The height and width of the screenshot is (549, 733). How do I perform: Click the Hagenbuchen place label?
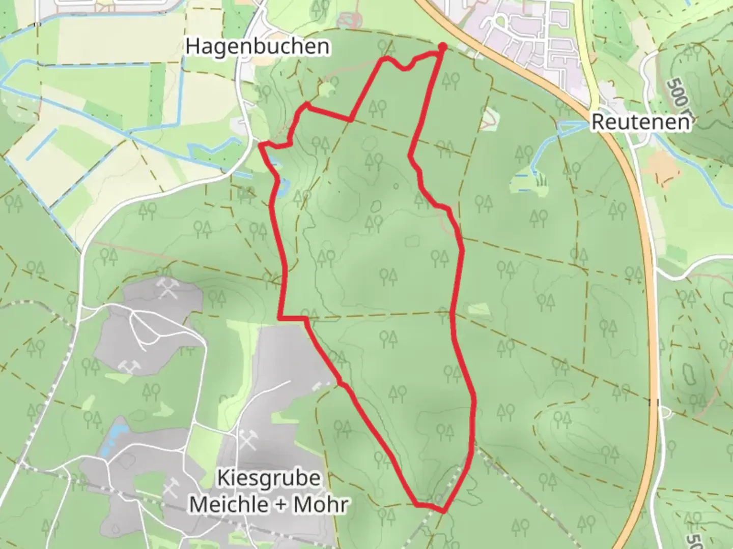[257, 46]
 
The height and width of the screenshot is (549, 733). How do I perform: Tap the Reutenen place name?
[641, 123]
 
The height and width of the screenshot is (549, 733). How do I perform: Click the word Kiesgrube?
[269, 478]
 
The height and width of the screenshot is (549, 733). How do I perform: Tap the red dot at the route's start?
[442, 47]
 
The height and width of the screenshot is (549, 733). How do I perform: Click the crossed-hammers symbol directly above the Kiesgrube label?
[250, 440]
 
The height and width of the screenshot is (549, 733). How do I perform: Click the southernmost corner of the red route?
[443, 511]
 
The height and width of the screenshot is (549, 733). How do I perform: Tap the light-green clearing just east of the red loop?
[477, 309]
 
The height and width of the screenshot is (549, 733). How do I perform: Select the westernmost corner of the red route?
[261, 145]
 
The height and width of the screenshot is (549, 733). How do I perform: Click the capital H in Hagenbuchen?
[192, 46]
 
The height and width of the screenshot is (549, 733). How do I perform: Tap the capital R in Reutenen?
[598, 123]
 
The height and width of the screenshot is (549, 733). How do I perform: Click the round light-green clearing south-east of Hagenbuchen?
[326, 90]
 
